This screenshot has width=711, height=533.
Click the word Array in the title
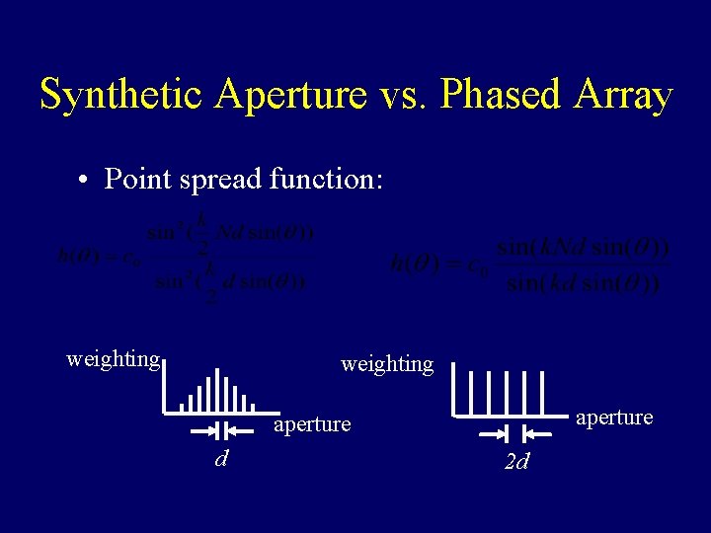[622, 96]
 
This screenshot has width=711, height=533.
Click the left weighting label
[113, 358]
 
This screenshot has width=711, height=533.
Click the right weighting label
[387, 364]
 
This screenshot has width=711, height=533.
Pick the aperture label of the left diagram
[312, 424]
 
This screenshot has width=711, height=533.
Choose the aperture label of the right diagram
[614, 418]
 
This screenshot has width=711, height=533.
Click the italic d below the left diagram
[222, 459]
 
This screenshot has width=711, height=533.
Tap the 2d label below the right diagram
[516, 462]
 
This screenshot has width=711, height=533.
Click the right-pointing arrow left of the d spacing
[203, 430]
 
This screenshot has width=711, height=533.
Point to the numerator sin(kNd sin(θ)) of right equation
[583, 247]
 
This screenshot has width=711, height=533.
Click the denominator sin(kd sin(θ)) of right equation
[583, 284]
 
